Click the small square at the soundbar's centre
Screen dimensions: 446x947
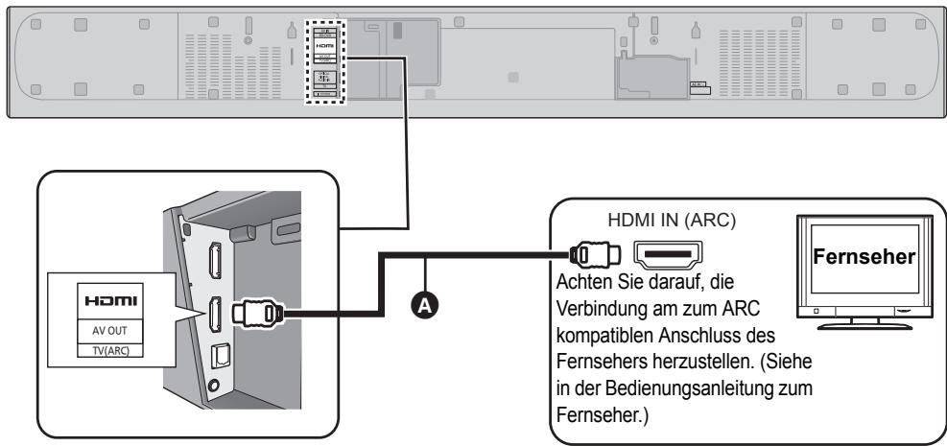(512, 73)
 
